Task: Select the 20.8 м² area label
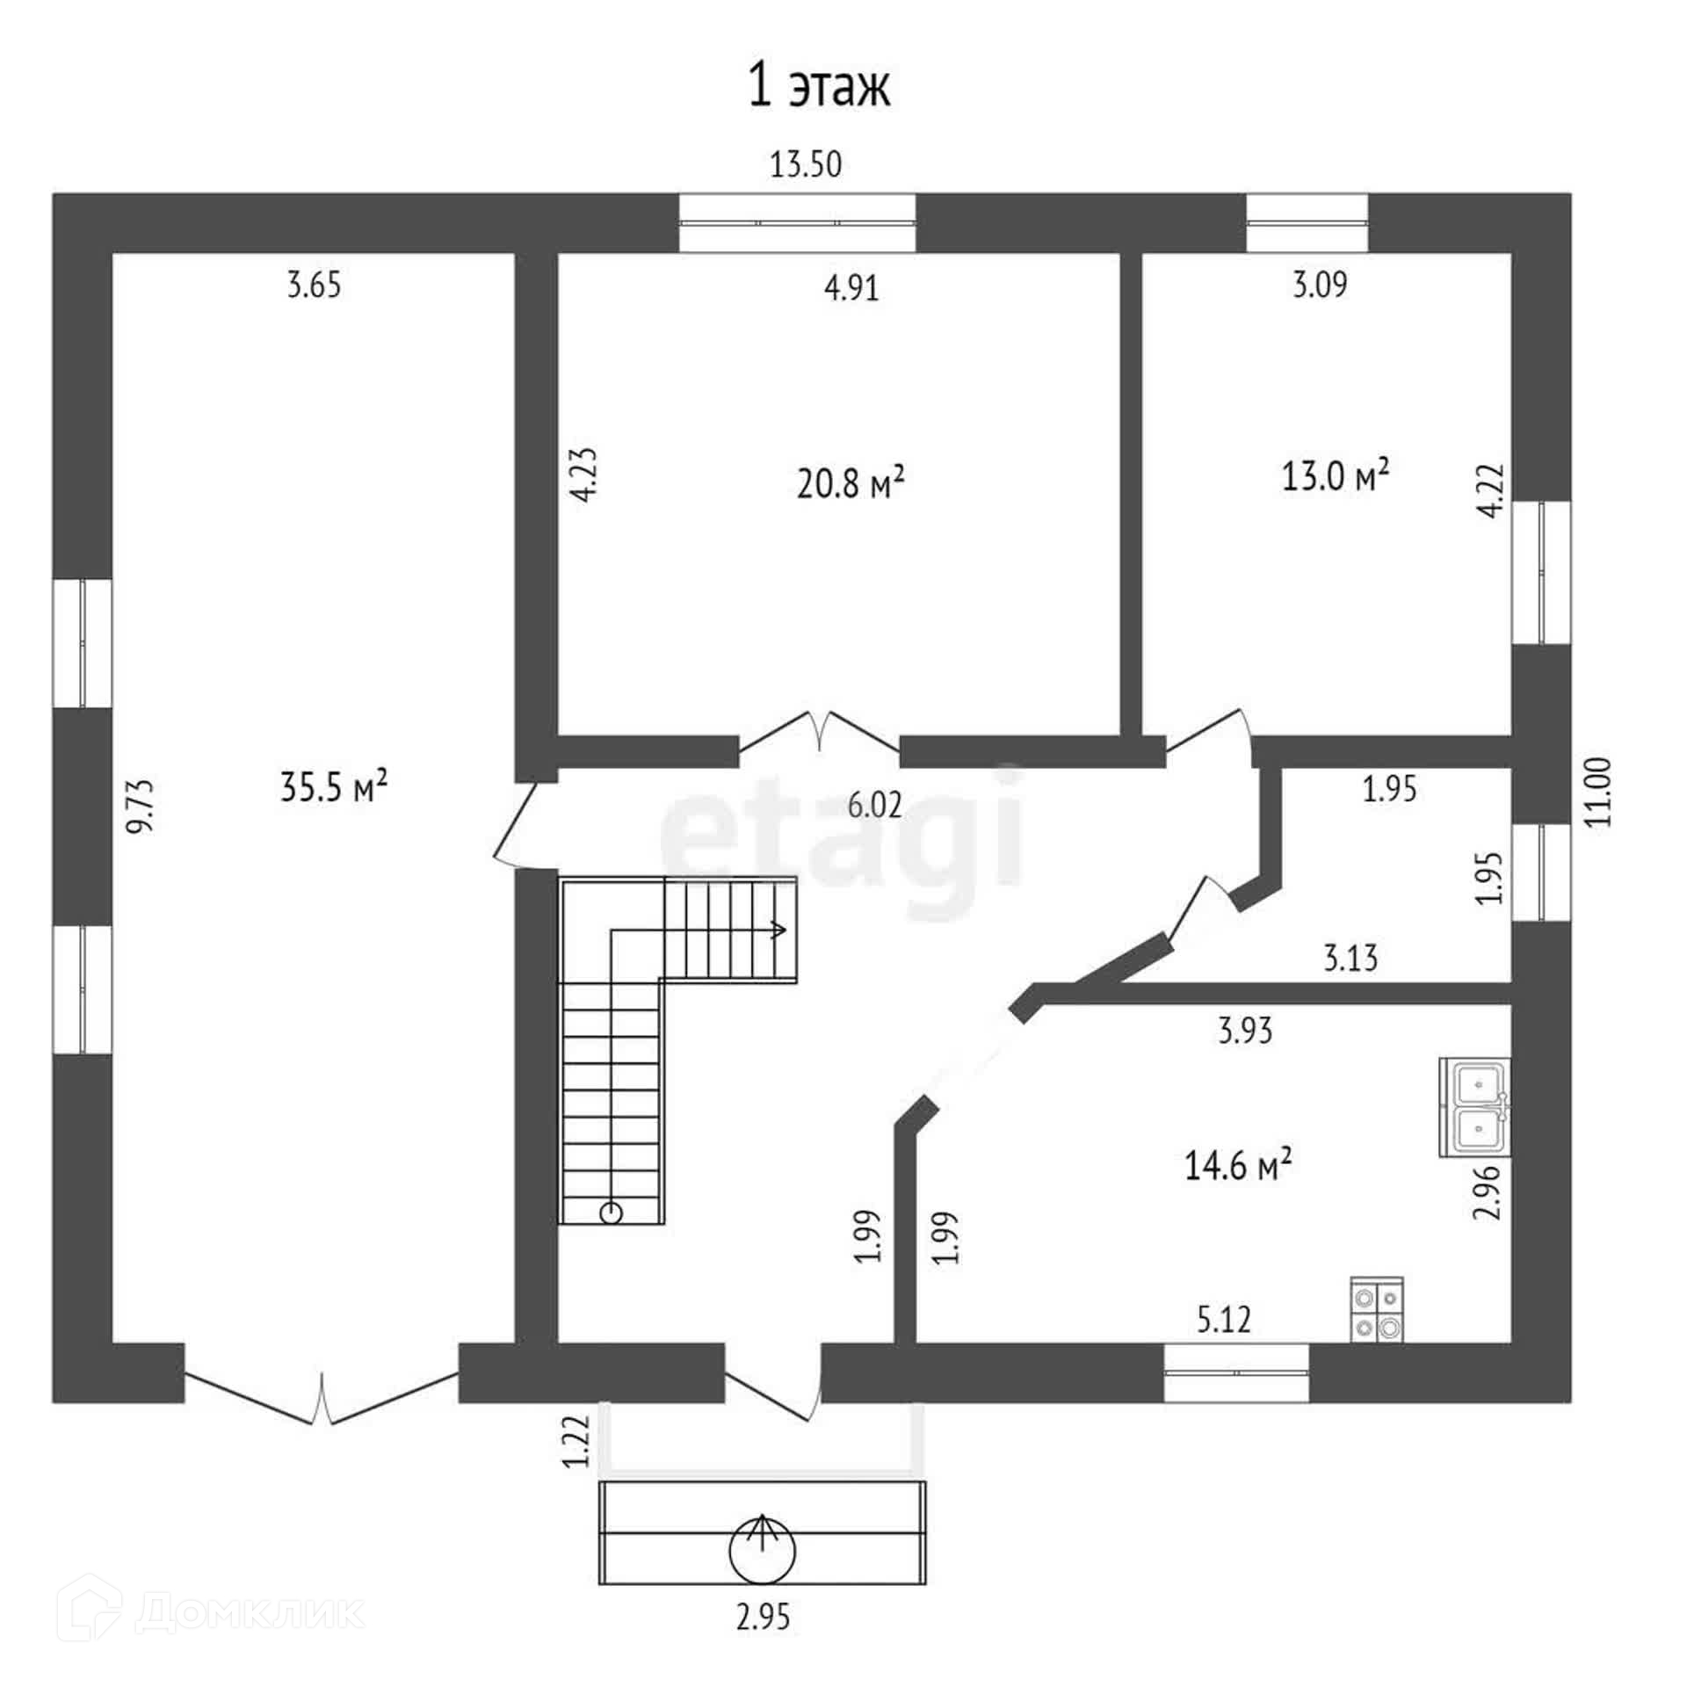(851, 482)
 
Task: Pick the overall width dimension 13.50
(806, 164)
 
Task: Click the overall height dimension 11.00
(1600, 791)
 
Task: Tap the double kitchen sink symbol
(1475, 1106)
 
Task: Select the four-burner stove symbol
(1376, 1310)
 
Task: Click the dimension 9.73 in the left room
(141, 805)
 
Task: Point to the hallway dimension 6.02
(874, 804)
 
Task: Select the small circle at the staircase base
(611, 1213)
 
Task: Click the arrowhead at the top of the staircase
(778, 930)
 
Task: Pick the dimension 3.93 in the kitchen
(1245, 1030)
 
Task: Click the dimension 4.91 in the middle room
(851, 287)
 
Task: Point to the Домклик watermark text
(250, 1611)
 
